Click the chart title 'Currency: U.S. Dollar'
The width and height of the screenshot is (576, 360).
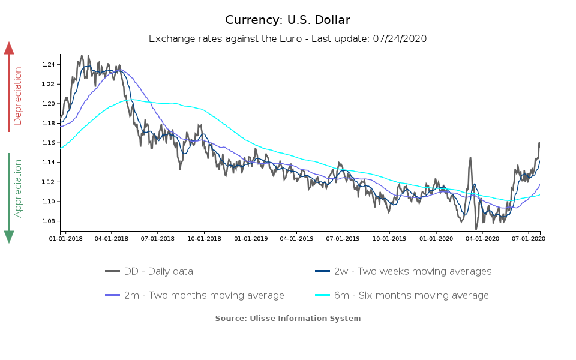pyautogui.click(x=287, y=20)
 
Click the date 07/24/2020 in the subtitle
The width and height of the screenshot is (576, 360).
pyautogui.click(x=399, y=39)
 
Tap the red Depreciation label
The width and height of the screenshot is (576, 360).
pyautogui.click(x=17, y=96)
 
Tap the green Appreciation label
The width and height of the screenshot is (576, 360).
pyautogui.click(x=17, y=188)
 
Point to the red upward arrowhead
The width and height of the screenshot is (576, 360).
pyautogui.click(x=9, y=48)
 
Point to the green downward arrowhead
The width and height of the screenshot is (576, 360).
pyautogui.click(x=9, y=236)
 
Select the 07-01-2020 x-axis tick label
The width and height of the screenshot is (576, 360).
pyautogui.click(x=529, y=238)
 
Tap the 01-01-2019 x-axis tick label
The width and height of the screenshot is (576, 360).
pyautogui.click(x=250, y=238)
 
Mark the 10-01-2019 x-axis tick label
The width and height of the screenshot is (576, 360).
pyautogui.click(x=389, y=238)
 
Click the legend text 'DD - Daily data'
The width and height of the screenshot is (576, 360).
pyautogui.click(x=158, y=271)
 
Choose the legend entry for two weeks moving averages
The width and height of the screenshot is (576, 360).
pyautogui.click(x=412, y=271)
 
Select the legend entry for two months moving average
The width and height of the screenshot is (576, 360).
pyautogui.click(x=204, y=295)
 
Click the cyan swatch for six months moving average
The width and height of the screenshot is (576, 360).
pyautogui.click(x=323, y=295)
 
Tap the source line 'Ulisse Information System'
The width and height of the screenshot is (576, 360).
pyautogui.click(x=288, y=318)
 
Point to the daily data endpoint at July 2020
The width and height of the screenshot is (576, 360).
pyautogui.click(x=539, y=142)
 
